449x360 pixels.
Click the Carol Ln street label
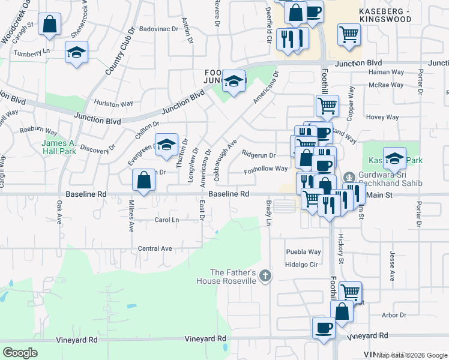pos(167,220)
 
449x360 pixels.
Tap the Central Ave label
pos(155,248)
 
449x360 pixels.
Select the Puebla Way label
pos(303,252)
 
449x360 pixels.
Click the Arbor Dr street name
pos(394,314)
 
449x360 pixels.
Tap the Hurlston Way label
pos(113,103)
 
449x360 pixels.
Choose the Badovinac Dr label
pos(159,28)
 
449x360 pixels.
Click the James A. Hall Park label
pos(59,147)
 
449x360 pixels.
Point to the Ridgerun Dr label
pos(258,155)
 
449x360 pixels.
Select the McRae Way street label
pos(386,85)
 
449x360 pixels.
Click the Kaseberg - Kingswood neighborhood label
pos(393,16)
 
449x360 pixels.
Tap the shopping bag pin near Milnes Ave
pos(144,179)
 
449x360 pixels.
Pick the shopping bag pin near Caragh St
pos(50,25)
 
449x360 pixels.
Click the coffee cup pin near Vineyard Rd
pos(324,328)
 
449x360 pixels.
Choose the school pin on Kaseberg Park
pos(394,158)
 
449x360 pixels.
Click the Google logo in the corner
pos(20,353)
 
